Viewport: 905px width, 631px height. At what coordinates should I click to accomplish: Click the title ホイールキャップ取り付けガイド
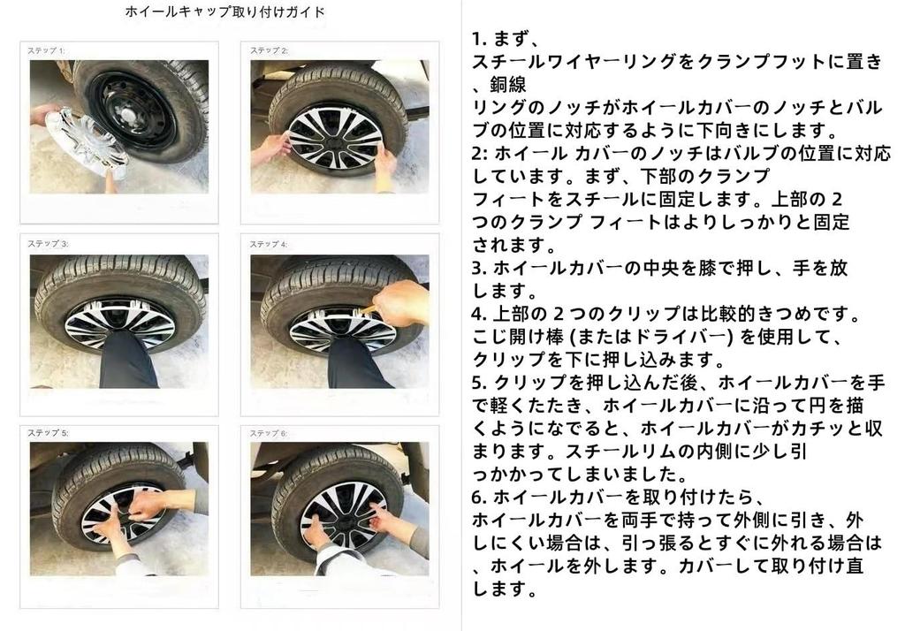225,11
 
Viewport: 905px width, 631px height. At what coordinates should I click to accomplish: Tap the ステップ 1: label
46,50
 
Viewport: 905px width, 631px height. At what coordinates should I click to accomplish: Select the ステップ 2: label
269,50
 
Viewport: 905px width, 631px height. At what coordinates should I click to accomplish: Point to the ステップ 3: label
48,244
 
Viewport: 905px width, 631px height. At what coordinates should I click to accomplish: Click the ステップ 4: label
269,244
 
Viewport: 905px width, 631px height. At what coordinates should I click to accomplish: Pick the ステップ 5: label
48,433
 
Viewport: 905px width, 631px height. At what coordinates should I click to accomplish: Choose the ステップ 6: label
269,433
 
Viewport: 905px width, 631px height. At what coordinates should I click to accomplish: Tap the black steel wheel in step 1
132,109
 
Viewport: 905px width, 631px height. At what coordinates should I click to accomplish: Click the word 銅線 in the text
508,85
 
